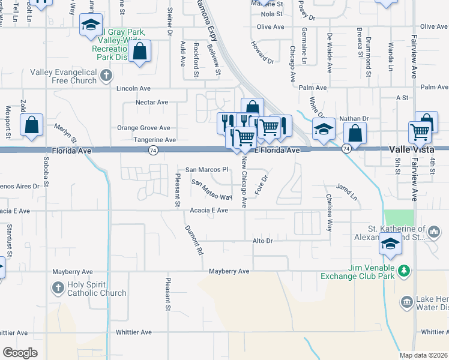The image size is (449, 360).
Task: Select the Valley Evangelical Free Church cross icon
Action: [106, 75]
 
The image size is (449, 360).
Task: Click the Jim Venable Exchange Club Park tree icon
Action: [405, 272]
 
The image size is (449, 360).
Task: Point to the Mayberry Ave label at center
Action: [229, 271]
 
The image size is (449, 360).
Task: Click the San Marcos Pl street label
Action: [207, 170]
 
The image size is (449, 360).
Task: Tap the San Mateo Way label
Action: [211, 189]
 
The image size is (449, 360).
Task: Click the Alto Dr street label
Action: [263, 241]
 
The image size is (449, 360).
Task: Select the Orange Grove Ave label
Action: [143, 128]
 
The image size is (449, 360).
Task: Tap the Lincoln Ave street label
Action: [134, 88]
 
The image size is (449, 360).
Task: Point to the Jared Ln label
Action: [346, 192]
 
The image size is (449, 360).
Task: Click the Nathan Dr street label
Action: [354, 119]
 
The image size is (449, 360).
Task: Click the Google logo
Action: [20, 353]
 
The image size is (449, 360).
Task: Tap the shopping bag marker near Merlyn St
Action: [31, 125]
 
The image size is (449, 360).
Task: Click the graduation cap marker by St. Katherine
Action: [390, 245]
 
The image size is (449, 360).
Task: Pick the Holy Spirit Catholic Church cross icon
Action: [58, 288]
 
